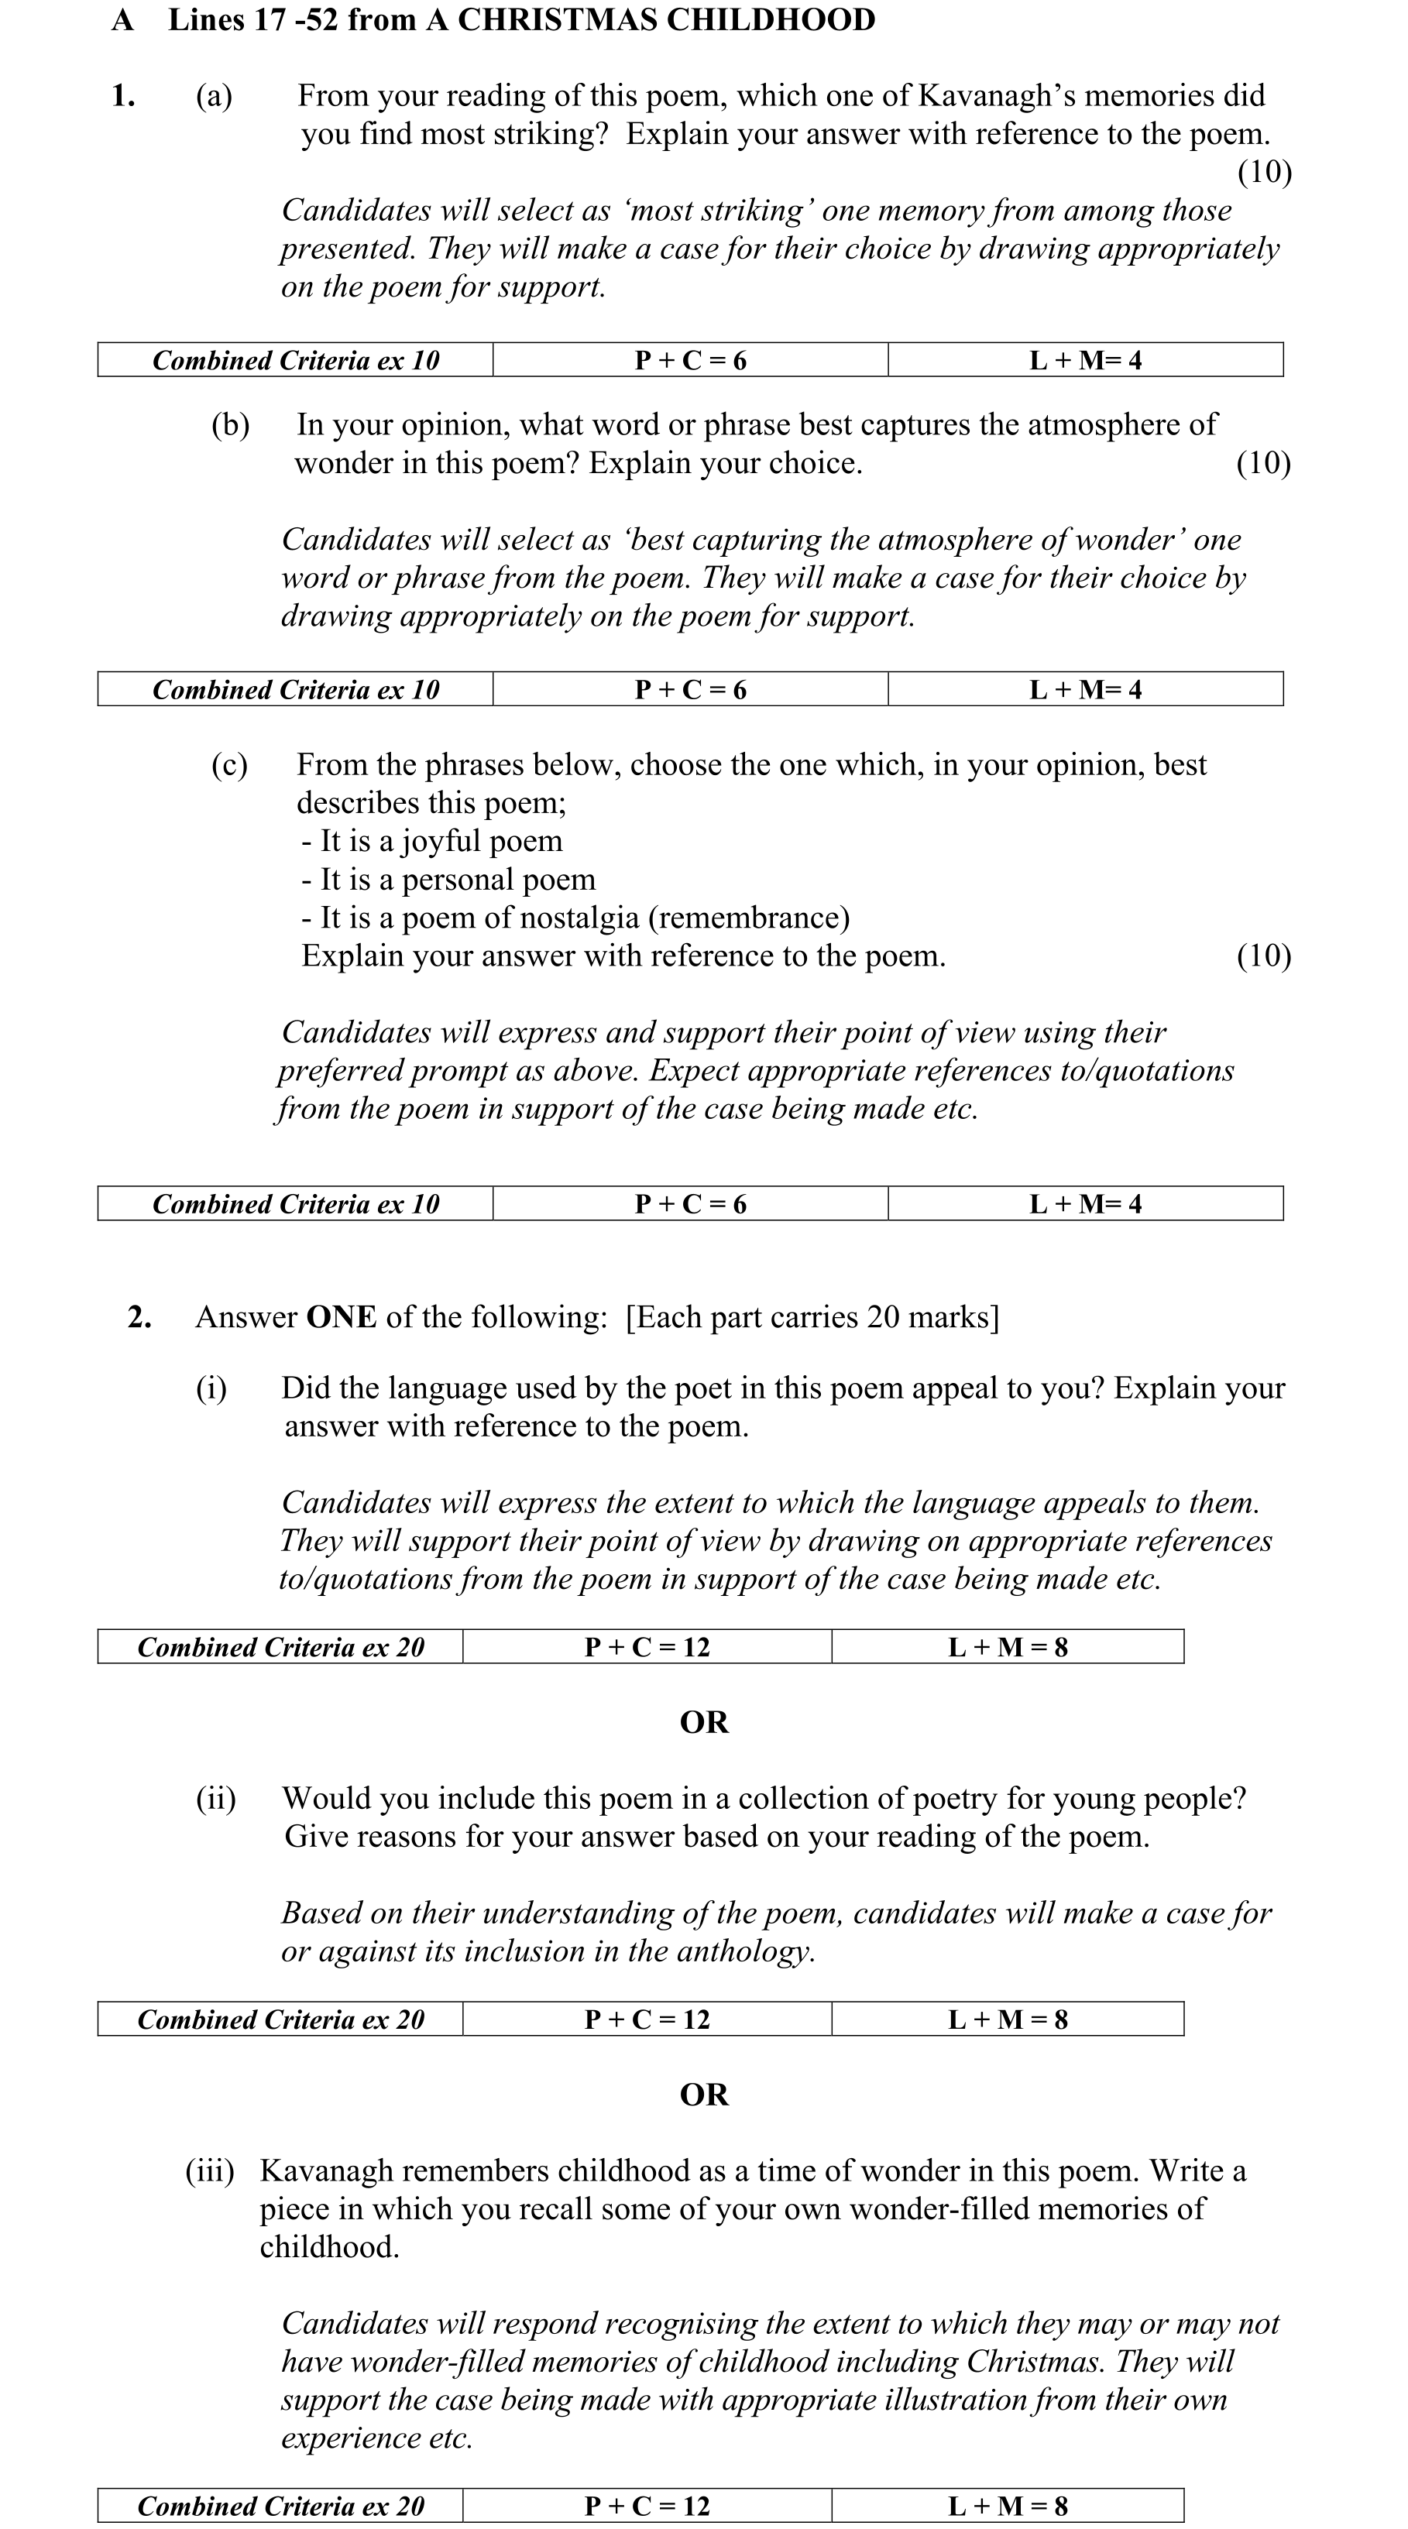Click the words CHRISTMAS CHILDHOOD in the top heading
pos(666,21)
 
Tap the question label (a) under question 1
pos(214,96)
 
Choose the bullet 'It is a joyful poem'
pos(432,842)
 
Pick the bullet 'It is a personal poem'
pos(448,880)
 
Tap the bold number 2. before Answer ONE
pos(139,1317)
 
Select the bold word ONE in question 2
pos(341,1317)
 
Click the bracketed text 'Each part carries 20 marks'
pos(812,1317)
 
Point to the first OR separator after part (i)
pos(704,1723)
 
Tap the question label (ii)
pos(216,1799)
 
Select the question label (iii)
pos(210,2170)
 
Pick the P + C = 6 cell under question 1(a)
pos(690,360)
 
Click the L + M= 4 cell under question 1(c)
pos(1085,1203)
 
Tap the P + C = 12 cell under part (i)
pos(647,1646)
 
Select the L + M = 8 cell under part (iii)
pos(1008,2506)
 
